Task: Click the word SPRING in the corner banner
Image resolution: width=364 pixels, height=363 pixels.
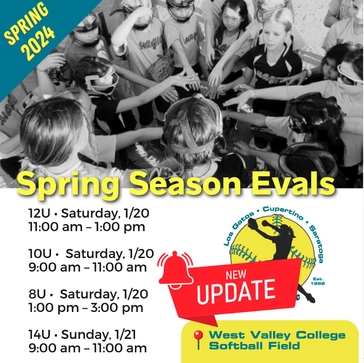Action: [x=26, y=23]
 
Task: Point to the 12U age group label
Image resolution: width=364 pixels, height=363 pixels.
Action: [x=39, y=213]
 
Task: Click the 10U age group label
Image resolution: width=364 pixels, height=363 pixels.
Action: [x=40, y=253]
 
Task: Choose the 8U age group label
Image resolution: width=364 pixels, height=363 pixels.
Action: [x=37, y=294]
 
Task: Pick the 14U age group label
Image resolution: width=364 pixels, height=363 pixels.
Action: [x=39, y=335]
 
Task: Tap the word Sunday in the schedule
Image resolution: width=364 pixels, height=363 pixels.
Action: [x=85, y=335]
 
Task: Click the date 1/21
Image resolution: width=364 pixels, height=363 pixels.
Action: [x=126, y=335]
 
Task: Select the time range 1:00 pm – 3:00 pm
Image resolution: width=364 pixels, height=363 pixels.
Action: [x=86, y=308]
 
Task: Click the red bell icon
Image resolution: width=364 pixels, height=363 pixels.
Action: [x=176, y=269]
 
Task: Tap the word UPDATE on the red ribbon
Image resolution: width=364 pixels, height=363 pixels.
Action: [x=236, y=291]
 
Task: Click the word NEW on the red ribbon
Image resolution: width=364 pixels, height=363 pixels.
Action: [x=236, y=275]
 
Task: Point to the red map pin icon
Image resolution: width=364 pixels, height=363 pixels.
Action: [x=198, y=340]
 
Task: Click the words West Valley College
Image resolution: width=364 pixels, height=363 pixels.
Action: [x=277, y=335]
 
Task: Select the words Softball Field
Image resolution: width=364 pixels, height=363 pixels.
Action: [x=255, y=345]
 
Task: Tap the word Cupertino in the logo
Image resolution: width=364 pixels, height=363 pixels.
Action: [x=283, y=213]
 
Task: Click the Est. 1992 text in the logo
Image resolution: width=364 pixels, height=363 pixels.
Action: [x=318, y=281]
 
